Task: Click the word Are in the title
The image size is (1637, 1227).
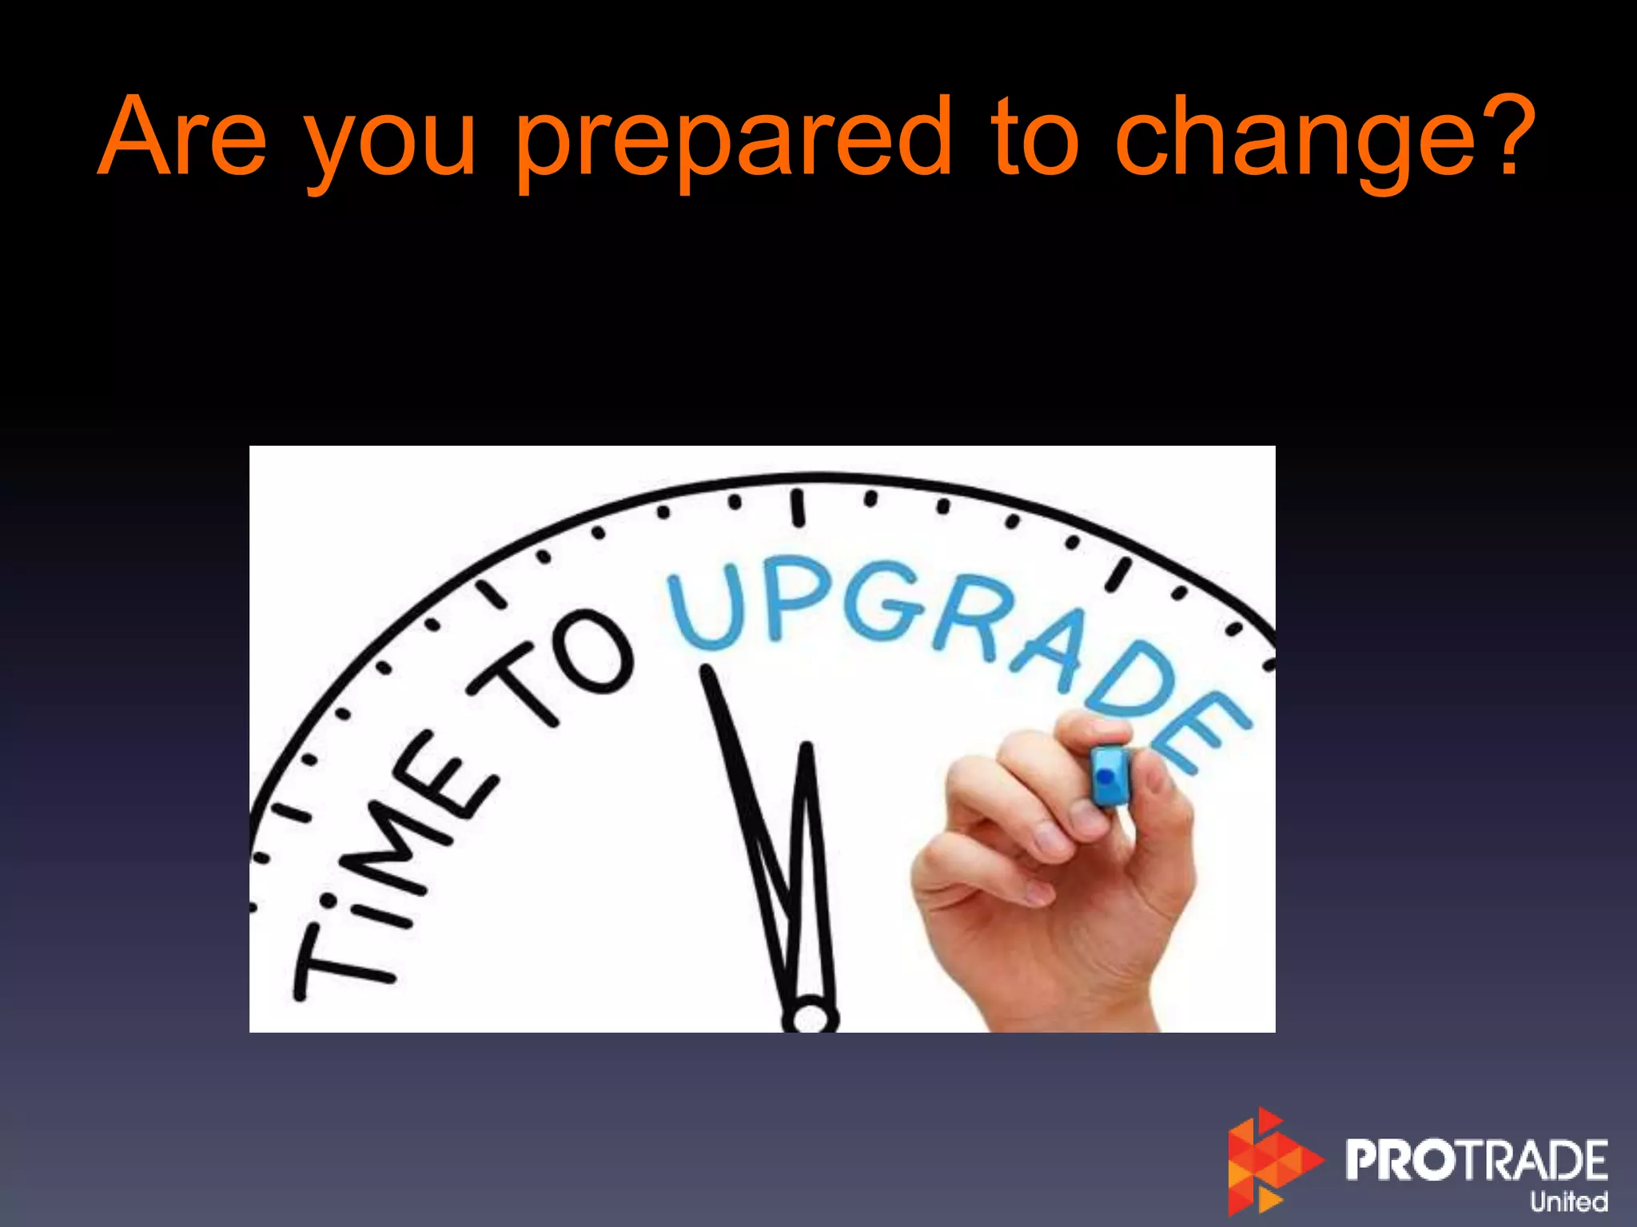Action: point(181,137)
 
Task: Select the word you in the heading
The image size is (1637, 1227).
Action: point(391,148)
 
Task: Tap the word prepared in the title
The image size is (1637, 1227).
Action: point(734,144)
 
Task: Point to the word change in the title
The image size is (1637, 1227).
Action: point(1293,144)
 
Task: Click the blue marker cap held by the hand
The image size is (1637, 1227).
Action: point(1109,775)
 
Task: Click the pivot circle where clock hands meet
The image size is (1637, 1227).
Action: point(811,1016)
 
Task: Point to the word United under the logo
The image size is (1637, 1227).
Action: point(1568,1201)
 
